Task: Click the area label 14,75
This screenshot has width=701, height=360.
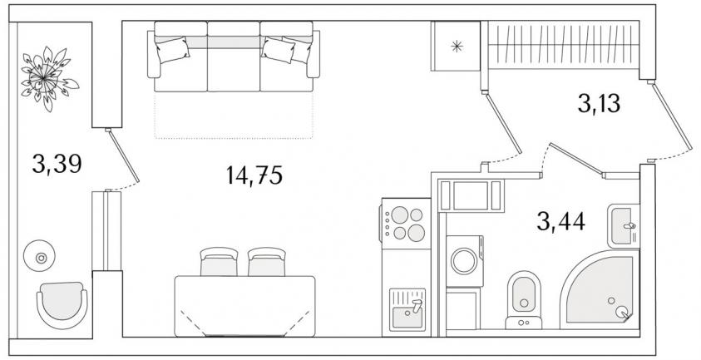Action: click(254, 175)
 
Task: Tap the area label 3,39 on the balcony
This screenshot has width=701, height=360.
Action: click(57, 164)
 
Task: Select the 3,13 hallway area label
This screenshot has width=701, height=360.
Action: click(599, 104)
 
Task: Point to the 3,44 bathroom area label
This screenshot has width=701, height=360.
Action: click(560, 221)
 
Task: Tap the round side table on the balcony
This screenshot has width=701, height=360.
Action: click(39, 256)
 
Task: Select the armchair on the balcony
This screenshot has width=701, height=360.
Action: click(62, 305)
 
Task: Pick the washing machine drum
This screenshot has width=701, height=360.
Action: click(464, 261)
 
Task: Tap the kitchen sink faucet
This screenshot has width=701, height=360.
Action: click(417, 306)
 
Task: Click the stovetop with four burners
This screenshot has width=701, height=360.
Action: click(406, 224)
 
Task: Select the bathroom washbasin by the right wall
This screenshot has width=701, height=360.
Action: click(623, 226)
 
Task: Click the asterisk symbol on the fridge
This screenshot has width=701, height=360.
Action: click(457, 46)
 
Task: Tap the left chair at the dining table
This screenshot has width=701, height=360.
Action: click(219, 262)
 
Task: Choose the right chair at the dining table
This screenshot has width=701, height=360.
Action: click(267, 262)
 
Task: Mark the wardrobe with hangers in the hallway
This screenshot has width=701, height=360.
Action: click(563, 45)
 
